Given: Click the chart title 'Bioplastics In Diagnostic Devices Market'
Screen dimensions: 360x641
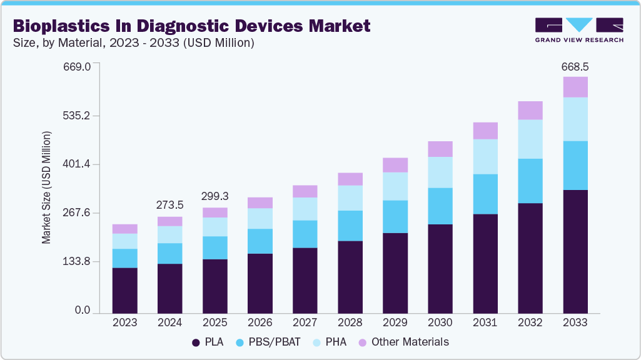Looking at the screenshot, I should [x=191, y=26].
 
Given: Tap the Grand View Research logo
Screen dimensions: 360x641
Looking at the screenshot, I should [x=579, y=29].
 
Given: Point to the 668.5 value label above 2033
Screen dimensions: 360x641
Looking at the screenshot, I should [x=575, y=66].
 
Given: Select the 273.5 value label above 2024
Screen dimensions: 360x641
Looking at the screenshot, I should [x=169, y=205].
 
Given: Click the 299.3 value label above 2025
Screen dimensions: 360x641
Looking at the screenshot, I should [x=215, y=196].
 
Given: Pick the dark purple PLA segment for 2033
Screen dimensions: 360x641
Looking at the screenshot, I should [x=575, y=251].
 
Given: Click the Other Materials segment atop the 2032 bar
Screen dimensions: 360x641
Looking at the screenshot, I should [x=530, y=110].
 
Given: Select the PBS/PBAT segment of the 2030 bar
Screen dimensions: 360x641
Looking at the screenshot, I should [x=440, y=206].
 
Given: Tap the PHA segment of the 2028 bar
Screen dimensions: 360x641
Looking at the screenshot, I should [x=350, y=197].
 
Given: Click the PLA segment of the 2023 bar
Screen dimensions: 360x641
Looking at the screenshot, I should [x=124, y=290].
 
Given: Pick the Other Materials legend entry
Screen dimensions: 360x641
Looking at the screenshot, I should [x=403, y=342].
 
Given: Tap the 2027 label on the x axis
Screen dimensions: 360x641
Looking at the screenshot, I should [x=305, y=322].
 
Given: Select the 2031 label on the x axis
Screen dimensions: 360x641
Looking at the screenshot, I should [x=485, y=322].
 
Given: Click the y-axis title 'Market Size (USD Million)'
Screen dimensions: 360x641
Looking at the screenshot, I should [x=47, y=187].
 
